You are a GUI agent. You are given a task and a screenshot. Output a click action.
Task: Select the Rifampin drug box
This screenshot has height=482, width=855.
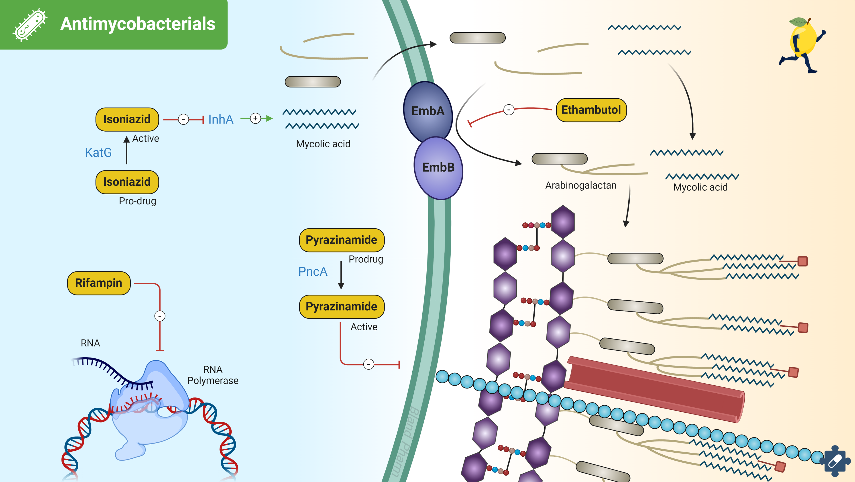(x=99, y=283)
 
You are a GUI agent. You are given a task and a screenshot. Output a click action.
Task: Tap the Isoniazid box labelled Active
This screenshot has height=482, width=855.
(x=127, y=119)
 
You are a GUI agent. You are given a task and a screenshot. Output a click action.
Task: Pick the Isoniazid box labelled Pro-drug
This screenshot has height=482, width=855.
(x=127, y=182)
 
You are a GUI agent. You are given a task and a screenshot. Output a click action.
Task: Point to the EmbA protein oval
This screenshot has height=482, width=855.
(x=427, y=111)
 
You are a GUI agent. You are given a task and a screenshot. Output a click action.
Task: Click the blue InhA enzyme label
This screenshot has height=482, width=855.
(x=221, y=119)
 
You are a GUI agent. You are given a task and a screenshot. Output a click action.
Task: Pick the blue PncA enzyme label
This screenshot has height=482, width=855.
(x=313, y=272)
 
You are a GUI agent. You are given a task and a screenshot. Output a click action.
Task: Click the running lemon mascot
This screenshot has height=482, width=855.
(x=802, y=45)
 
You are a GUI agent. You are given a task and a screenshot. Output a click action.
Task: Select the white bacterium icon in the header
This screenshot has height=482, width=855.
(x=30, y=25)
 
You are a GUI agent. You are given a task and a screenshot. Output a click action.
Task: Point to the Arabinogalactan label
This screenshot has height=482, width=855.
(x=580, y=185)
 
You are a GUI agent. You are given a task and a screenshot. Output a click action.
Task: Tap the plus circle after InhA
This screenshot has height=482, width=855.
(x=255, y=118)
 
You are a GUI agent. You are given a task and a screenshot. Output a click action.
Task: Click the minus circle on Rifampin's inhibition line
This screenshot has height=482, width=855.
(x=160, y=316)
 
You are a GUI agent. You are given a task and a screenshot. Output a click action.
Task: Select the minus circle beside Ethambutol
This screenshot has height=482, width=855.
(x=509, y=110)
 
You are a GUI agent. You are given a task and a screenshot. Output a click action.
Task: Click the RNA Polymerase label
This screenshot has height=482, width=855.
(x=213, y=375)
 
